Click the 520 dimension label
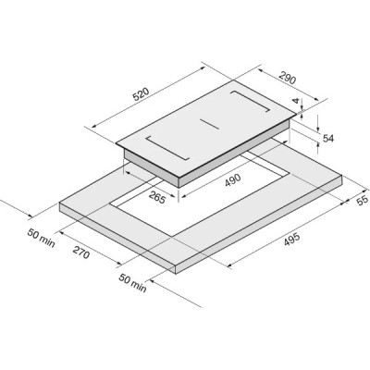(141, 94)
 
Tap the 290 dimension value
(288, 78)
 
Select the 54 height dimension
(328, 139)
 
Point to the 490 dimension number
(232, 180)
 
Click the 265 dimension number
(157, 197)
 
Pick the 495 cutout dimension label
(291, 240)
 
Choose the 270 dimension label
(81, 253)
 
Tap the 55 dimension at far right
(363, 200)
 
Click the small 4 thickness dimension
(296, 101)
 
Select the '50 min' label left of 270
(42, 238)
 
